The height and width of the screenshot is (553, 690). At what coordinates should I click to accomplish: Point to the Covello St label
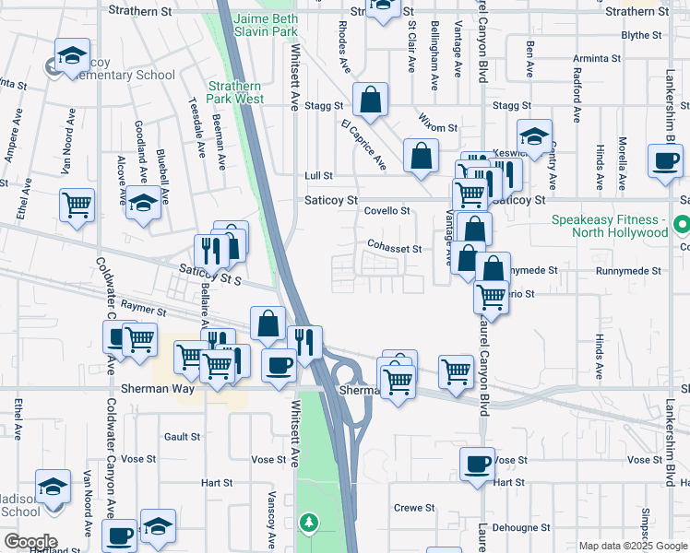(x=387, y=211)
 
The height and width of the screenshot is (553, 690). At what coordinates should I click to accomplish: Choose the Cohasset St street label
(x=394, y=249)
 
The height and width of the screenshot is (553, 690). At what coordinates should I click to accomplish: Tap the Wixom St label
(x=438, y=127)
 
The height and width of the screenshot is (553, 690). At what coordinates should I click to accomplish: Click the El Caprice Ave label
(x=363, y=145)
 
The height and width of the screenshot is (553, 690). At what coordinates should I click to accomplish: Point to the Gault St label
(x=175, y=436)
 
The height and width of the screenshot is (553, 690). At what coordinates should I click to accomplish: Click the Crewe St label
(x=414, y=508)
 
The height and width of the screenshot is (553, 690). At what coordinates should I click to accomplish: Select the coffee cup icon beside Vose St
(x=477, y=463)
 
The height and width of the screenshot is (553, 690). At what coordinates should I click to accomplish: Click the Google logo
(x=30, y=541)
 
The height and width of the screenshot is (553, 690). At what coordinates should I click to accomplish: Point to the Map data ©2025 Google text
(x=632, y=546)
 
